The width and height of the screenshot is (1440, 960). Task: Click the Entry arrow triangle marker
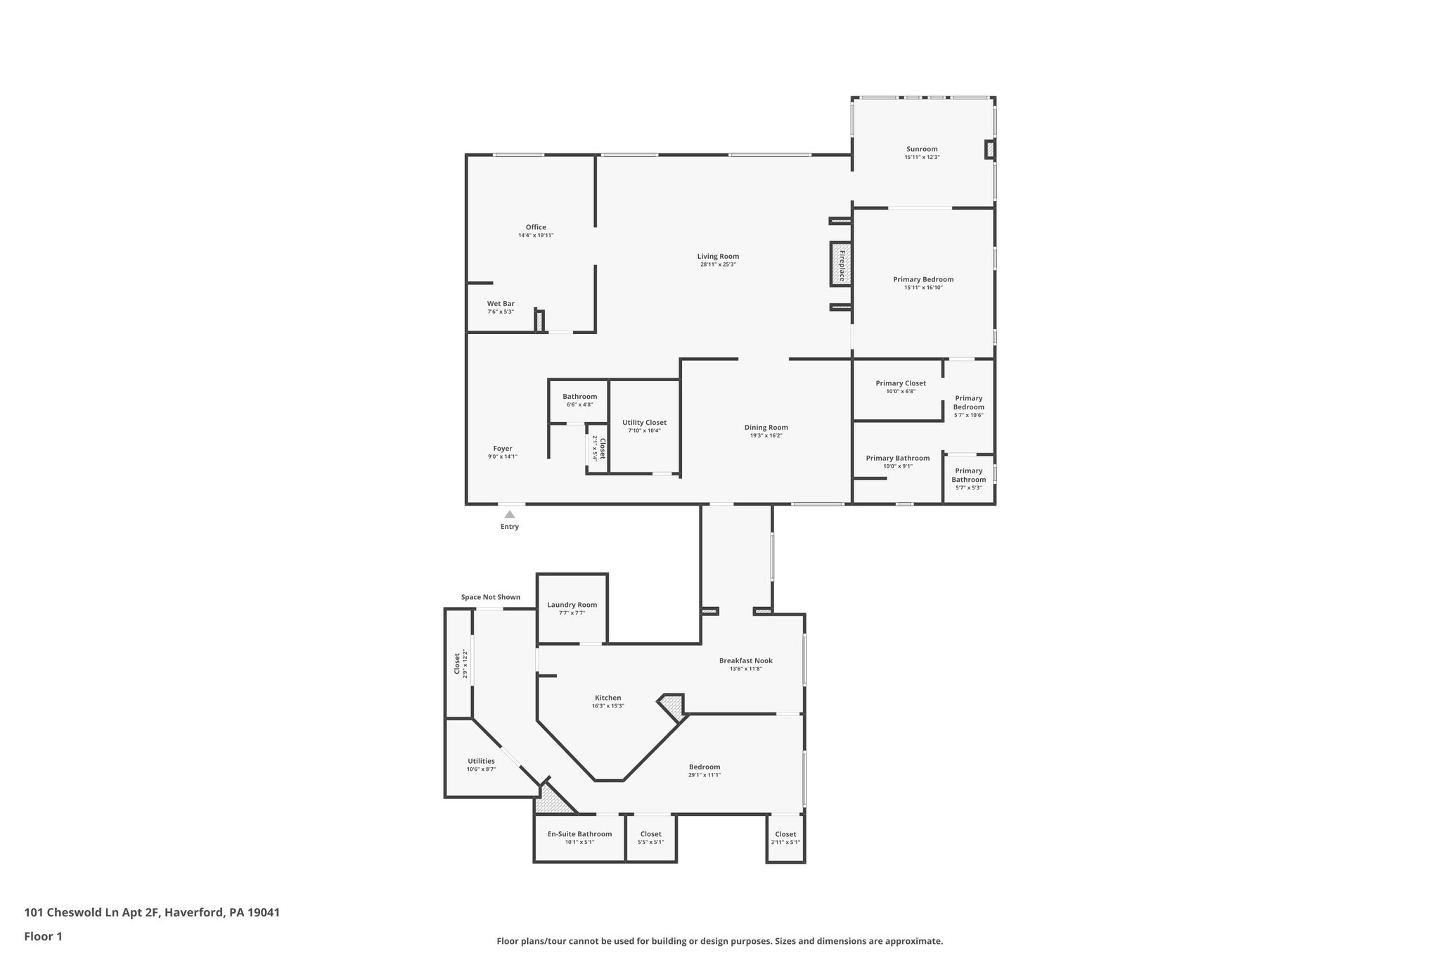tap(510, 515)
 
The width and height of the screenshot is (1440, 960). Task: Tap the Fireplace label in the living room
tap(841, 264)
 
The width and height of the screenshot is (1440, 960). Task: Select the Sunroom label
tap(922, 149)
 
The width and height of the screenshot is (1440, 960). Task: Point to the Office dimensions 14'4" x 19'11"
tap(536, 236)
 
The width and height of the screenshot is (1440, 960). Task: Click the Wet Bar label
tap(501, 304)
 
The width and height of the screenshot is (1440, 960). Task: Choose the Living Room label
tap(718, 257)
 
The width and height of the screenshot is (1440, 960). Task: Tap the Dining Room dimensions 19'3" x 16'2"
tap(766, 436)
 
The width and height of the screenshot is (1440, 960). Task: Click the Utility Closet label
tap(644, 423)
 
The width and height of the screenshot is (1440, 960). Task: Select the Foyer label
tap(503, 449)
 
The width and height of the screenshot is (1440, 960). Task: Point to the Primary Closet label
tap(901, 383)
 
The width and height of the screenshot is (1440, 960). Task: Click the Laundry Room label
tap(572, 605)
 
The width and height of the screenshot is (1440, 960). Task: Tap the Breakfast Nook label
tap(745, 660)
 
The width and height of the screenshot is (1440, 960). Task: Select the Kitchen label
tap(607, 698)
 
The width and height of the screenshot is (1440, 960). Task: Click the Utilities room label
tap(481, 761)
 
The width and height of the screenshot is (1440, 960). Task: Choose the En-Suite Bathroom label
tap(579, 834)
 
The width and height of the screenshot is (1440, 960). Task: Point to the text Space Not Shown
tap(491, 597)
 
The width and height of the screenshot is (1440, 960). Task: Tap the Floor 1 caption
tap(44, 937)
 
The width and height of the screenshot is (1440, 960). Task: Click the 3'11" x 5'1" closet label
tap(785, 843)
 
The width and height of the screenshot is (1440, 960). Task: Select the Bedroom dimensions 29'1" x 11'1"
tap(705, 775)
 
